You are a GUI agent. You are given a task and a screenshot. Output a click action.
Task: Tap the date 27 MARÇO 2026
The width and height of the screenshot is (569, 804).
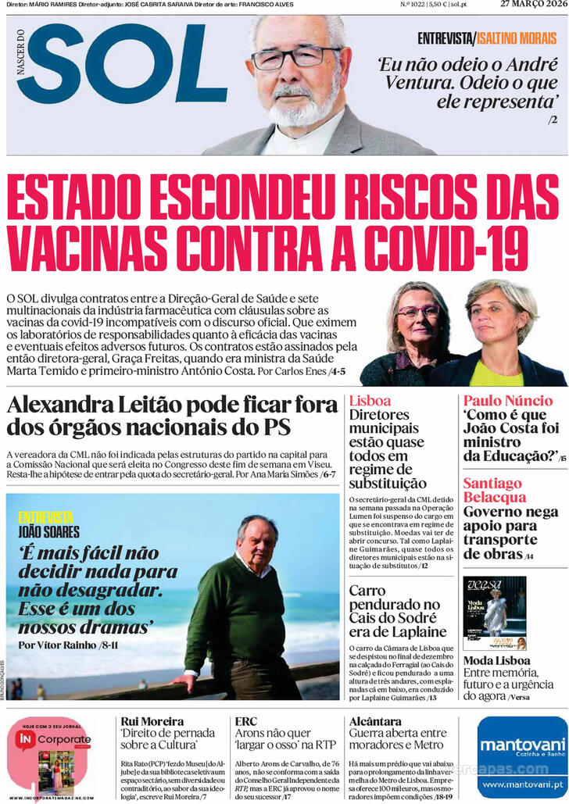click(x=534, y=4)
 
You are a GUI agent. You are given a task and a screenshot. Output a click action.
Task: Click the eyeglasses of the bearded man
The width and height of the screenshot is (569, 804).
click(x=295, y=58)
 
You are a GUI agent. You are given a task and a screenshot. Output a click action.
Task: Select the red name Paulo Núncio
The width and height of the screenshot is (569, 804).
click(x=507, y=401)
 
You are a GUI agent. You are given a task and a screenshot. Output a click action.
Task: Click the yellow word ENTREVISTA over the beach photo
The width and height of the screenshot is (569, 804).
click(x=45, y=517)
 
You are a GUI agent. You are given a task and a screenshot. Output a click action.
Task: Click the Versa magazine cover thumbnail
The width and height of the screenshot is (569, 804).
click(x=495, y=613)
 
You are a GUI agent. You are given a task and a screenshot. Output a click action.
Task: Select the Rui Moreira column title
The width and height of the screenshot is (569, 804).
click(x=152, y=721)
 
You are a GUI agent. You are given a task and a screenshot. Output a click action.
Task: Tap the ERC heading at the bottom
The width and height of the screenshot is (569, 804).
click(x=246, y=721)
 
